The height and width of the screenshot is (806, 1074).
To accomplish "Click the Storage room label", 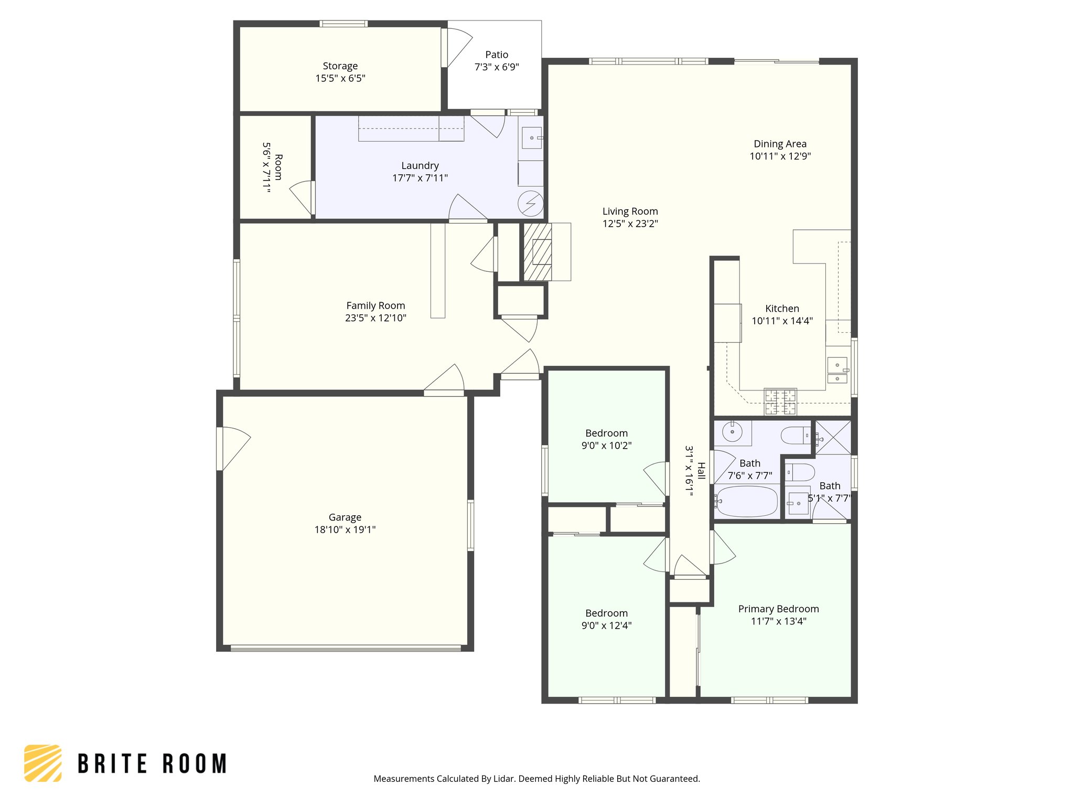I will tap(340, 66).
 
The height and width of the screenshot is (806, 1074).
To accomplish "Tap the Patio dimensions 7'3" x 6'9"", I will tap(496, 67).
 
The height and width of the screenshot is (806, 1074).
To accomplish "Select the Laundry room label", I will tap(420, 166).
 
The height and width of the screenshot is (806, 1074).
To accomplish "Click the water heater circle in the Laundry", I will tap(530, 204).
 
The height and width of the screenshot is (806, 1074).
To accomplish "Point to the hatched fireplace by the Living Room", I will tap(538, 252).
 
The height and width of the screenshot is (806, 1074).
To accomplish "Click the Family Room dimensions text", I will tap(375, 318).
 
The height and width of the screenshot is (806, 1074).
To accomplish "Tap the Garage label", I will tap(345, 517).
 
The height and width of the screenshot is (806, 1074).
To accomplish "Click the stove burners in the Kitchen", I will tap(780, 401).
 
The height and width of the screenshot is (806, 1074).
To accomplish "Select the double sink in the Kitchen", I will tap(837, 370).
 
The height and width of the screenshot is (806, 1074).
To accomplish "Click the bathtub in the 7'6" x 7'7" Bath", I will tap(746, 502).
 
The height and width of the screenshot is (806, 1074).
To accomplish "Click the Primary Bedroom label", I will tap(778, 609).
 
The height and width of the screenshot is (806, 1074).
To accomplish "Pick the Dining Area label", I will tap(780, 144).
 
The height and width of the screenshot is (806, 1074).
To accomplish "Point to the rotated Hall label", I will tap(701, 471).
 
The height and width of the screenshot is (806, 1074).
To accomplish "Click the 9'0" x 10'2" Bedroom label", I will tap(606, 433).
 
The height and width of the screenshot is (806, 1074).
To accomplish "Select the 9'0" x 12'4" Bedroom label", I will tap(606, 613).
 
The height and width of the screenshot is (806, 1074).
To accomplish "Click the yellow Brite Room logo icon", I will tap(43, 763).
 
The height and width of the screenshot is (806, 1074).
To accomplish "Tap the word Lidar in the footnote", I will tap(504, 779).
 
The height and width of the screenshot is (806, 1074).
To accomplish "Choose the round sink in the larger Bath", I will tap(732, 432).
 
